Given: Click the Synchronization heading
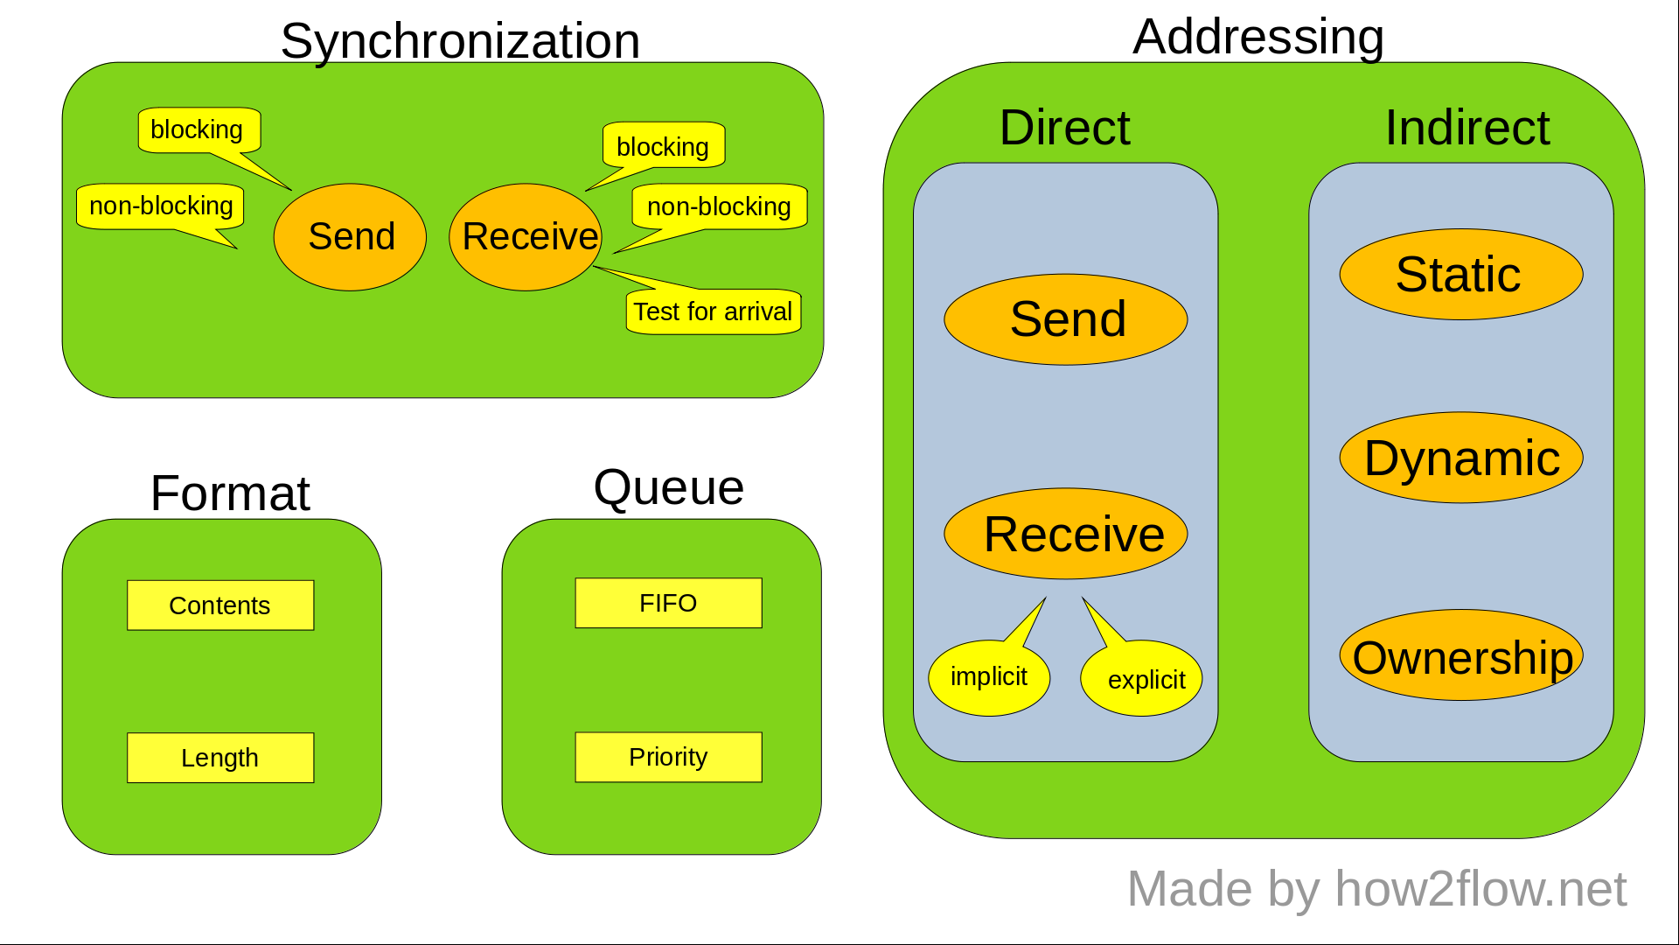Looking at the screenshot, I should pyautogui.click(x=460, y=41).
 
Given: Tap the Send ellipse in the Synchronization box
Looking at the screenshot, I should pyautogui.click(x=350, y=237).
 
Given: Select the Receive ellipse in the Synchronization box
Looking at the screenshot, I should pyautogui.click(x=526, y=237).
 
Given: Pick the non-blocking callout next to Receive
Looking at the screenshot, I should pyautogui.click(x=719, y=206).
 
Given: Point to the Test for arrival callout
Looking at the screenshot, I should pyautogui.click(x=713, y=311).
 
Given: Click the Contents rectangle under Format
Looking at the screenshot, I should pyautogui.click(x=220, y=605).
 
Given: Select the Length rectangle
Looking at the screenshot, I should pyautogui.click(x=220, y=758).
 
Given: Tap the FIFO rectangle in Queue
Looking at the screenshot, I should pyautogui.click(x=668, y=603).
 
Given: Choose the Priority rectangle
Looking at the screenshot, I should pyautogui.click(x=668, y=757).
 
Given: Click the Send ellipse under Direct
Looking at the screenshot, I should pyautogui.click(x=1066, y=319).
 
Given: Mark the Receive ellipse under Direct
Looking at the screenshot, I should pyautogui.click(x=1066, y=534).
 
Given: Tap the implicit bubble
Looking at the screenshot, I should pyautogui.click(x=989, y=678).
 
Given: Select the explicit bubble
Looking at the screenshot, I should pyautogui.click(x=1142, y=679).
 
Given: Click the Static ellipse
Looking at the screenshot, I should pyautogui.click(x=1460, y=275).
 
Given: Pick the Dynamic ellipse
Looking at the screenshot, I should pyautogui.click(x=1460, y=458).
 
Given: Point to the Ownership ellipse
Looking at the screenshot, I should pyautogui.click(x=1460, y=656).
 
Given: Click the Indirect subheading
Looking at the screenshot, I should pyautogui.click(x=1467, y=128).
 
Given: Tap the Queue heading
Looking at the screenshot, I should pyautogui.click(x=668, y=487).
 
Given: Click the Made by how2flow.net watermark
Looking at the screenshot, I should pyautogui.click(x=1376, y=889).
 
